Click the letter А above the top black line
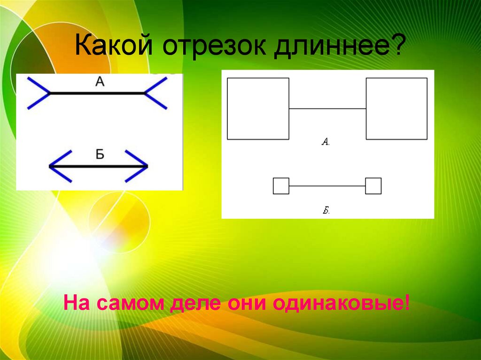pos(99,82)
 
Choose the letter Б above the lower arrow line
pos(100,155)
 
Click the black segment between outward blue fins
pos(97,93)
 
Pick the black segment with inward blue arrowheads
pos(99,166)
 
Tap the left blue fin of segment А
pos(39,93)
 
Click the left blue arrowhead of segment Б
pos(60,166)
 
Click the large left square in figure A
pos(258,108)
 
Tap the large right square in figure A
pos(396,108)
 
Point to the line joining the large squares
pos(327,108)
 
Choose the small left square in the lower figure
pos(281,186)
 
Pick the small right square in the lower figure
pos(373,186)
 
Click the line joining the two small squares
pos(327,186)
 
